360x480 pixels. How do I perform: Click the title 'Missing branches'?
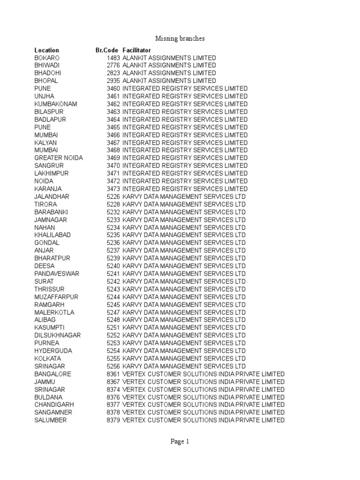pos(180,38)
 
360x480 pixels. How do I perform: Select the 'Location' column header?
pos(46,50)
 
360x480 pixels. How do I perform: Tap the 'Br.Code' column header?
pos(108,50)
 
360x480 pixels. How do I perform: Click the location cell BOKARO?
pos(47,58)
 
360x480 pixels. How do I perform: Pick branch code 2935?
pos(113,81)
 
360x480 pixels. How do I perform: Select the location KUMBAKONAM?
pos(56,104)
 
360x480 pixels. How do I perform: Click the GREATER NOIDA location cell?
pos(59,157)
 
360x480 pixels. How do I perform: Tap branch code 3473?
pos(113,188)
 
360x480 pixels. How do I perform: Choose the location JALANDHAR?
pos(52,196)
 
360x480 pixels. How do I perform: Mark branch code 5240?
pos(113,266)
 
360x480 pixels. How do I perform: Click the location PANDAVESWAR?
pos(57,273)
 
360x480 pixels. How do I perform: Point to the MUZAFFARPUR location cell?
pos(56,297)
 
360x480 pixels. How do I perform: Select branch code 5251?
pos(113,327)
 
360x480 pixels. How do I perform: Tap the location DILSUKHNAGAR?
pos(57,335)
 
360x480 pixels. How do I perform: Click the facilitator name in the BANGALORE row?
pos(203,374)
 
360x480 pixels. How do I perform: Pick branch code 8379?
pos(113,420)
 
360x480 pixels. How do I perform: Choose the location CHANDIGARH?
pos(54,405)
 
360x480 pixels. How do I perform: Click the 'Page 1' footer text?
pos(180,441)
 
